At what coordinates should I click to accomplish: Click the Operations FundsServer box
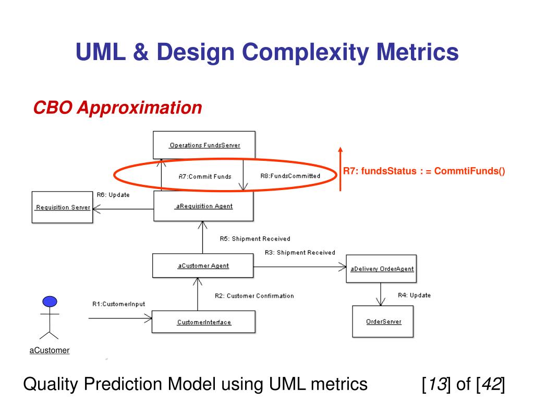tap(204, 145)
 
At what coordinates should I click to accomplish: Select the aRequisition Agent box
tap(203, 206)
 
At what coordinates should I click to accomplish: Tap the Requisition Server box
tap(62, 207)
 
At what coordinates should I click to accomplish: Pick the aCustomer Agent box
tap(203, 266)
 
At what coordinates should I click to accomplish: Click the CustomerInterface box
tap(203, 322)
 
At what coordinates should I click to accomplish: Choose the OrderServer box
tap(384, 322)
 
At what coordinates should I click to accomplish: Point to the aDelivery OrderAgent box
tap(382, 269)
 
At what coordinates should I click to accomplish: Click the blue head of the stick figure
tap(50, 301)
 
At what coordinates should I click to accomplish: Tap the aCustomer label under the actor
tap(50, 350)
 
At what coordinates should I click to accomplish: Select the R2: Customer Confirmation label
tap(254, 296)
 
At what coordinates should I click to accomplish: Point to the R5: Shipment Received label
tap(254, 239)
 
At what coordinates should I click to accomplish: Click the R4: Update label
tap(414, 295)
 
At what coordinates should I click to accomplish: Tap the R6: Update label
tap(113, 195)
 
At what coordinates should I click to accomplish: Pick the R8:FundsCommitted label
tap(290, 176)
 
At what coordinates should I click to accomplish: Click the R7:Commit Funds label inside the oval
tap(204, 176)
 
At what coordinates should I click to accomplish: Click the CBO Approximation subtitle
tap(117, 108)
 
